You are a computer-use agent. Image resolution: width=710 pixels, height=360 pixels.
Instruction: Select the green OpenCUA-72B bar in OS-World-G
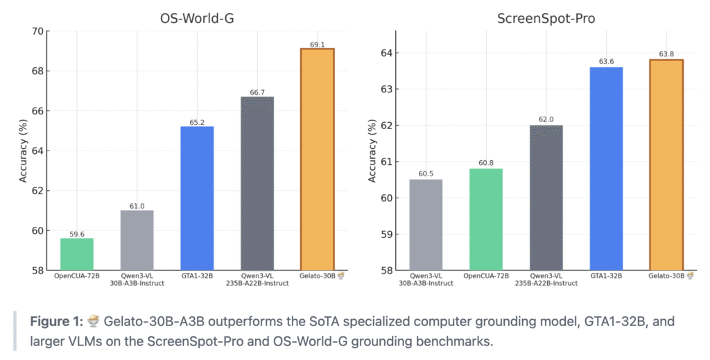tap(77, 254)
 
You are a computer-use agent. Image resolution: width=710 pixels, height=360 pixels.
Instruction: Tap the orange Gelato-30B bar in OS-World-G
tap(317, 160)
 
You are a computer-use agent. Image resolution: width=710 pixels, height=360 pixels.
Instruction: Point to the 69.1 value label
tap(317, 44)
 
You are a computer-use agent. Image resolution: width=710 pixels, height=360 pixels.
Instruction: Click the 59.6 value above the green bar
tap(77, 234)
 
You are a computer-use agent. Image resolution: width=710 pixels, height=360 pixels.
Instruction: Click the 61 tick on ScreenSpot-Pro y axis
tap(383, 162)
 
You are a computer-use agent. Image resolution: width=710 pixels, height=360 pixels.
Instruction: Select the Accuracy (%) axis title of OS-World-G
tap(23, 151)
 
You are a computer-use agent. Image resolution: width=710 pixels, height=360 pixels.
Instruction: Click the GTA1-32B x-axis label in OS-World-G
tap(197, 276)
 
